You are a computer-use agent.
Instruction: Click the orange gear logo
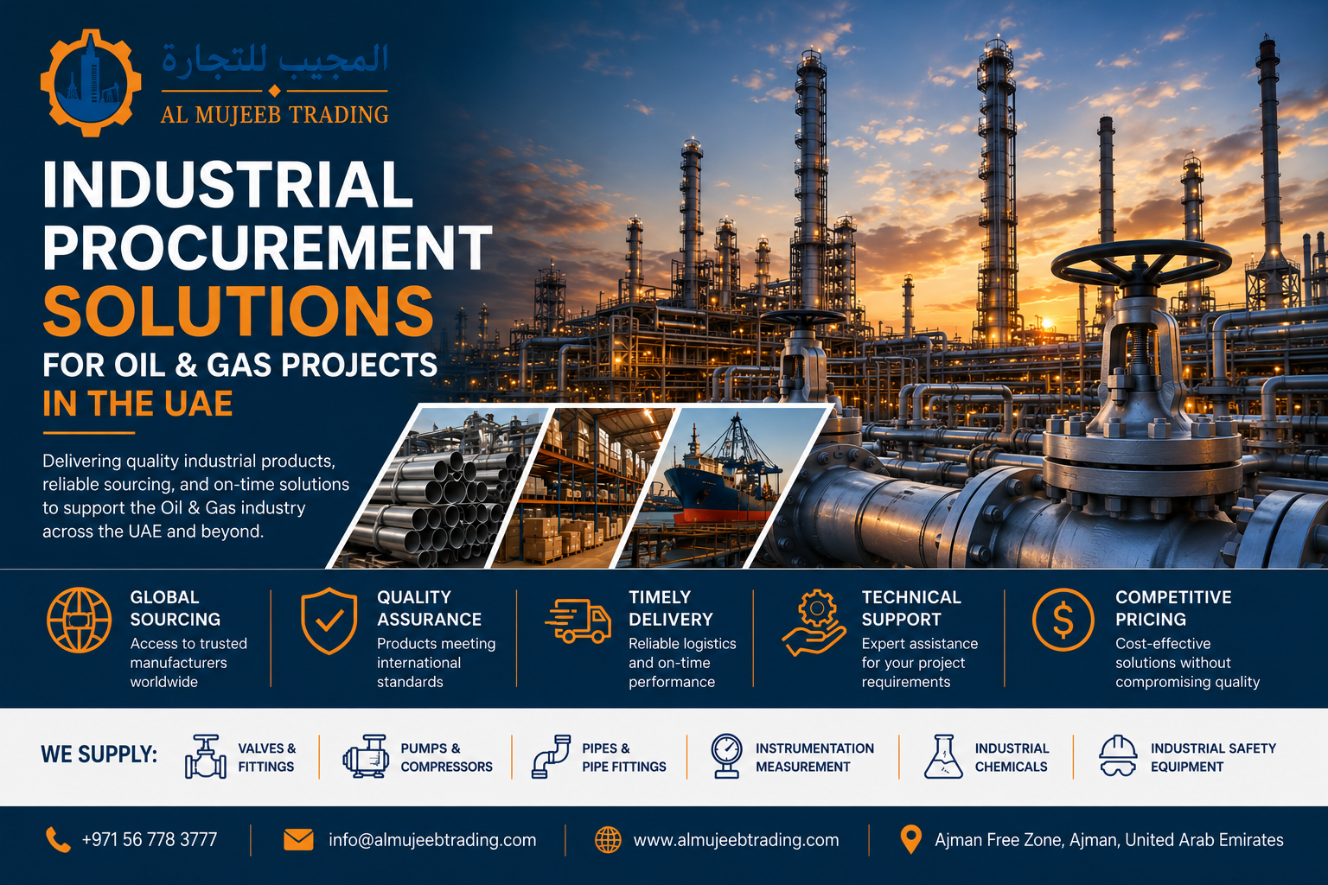coord(91,83)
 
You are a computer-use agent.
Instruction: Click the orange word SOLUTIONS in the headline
coord(239,311)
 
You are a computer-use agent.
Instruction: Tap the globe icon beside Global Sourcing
coord(79,620)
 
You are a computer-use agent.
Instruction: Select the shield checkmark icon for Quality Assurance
coord(329,621)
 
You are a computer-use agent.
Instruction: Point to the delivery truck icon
coord(578,621)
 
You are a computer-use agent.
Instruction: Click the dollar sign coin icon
coord(1063,620)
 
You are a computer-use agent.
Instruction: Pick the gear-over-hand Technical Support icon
coord(814,622)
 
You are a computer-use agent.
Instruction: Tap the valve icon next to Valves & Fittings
coord(205,756)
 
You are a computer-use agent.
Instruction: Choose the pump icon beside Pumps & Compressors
coord(366,756)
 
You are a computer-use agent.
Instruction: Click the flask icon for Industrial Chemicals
coord(943,756)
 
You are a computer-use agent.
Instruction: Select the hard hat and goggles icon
coord(1118,755)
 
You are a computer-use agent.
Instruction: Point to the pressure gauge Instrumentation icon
coord(727,755)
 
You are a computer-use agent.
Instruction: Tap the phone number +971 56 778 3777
coord(150,840)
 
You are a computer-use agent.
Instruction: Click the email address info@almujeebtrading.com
coord(432,840)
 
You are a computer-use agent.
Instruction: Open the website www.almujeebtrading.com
coord(737,840)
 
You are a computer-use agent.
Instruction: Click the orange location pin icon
coord(910,839)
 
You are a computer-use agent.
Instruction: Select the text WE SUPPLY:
coord(99,754)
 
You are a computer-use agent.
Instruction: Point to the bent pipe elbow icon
coord(551,756)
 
